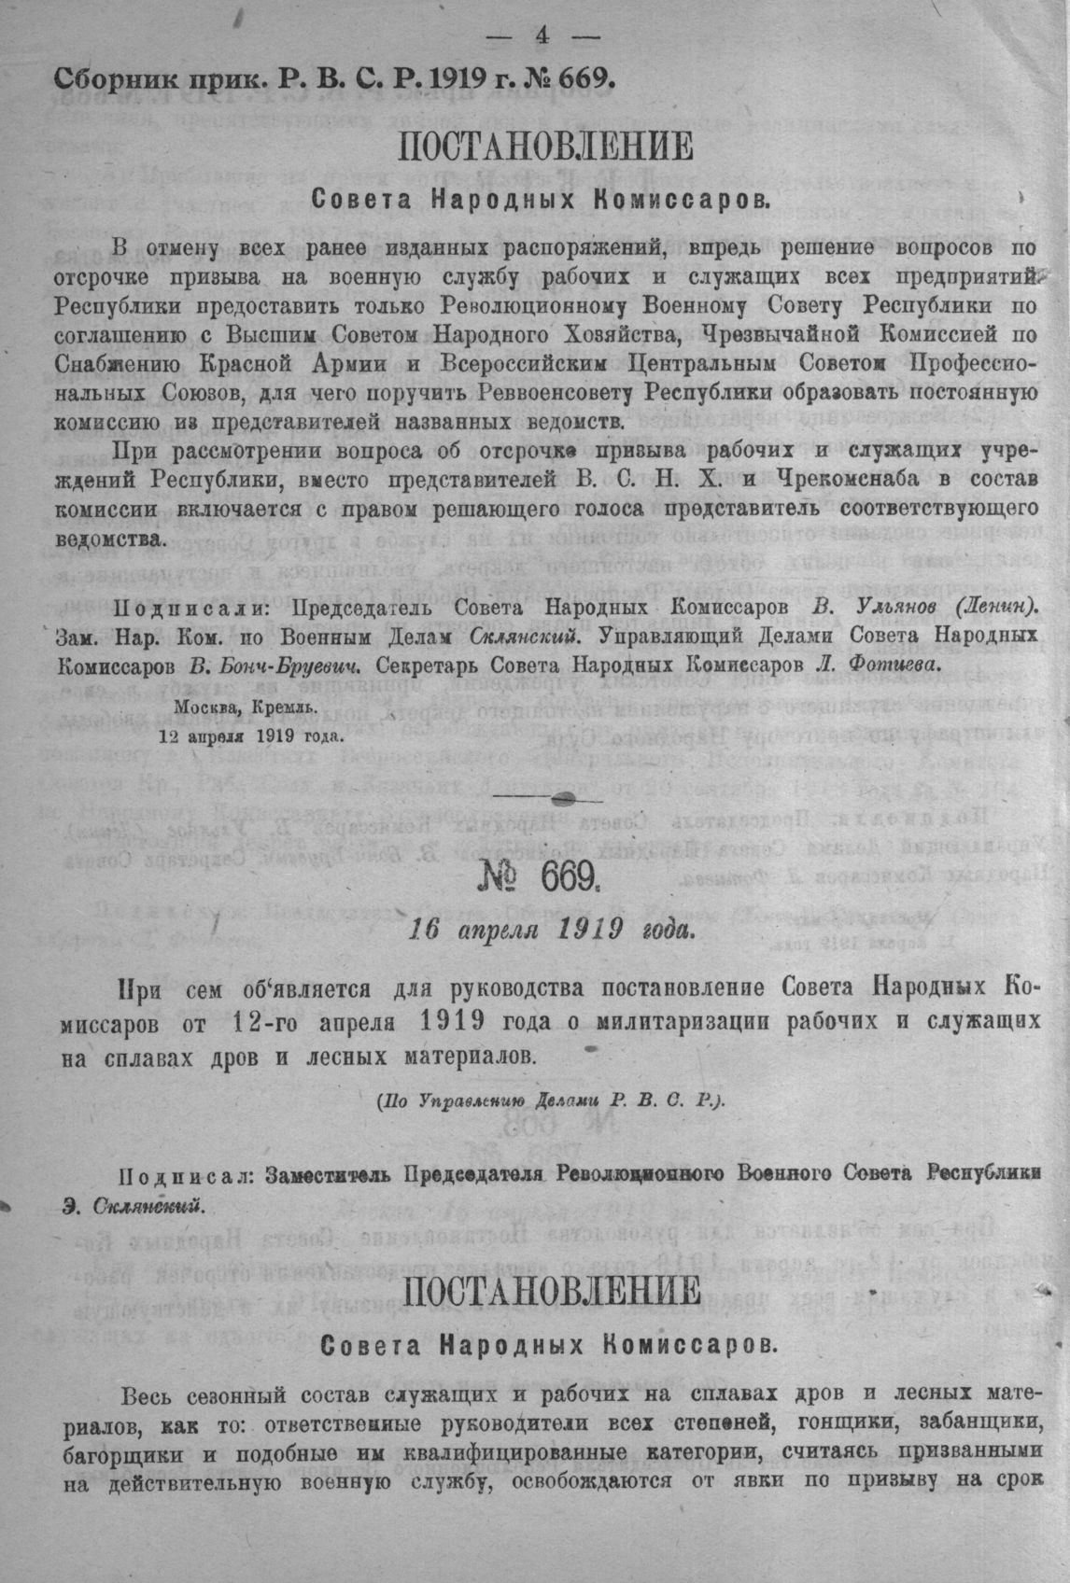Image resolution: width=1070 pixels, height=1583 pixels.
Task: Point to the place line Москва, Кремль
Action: pyautogui.click(x=246, y=707)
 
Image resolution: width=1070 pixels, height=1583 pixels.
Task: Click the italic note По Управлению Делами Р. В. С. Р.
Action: pyautogui.click(x=551, y=1100)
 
